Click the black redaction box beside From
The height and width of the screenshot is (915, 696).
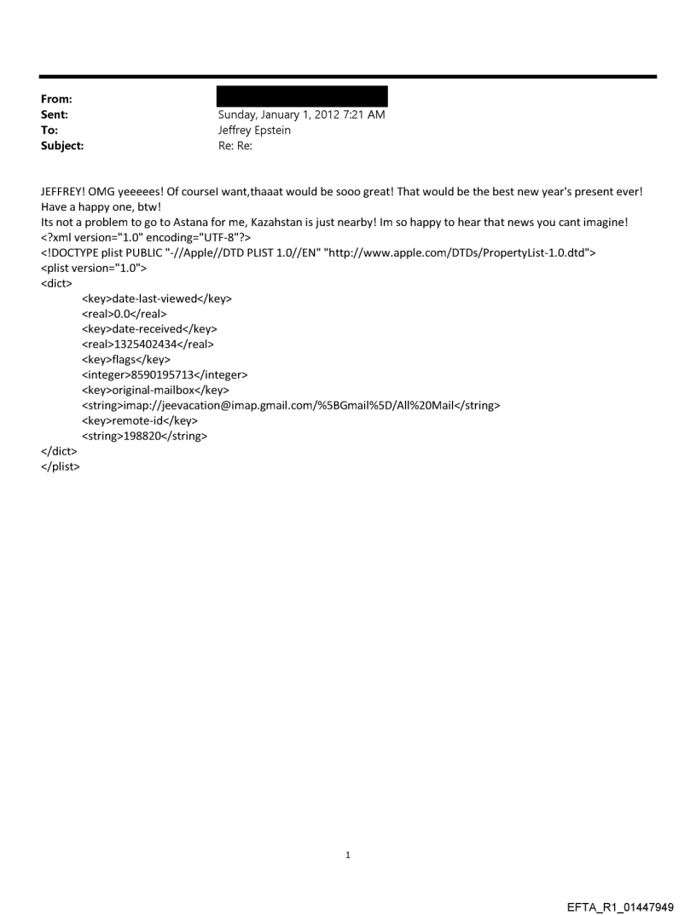point(303,96)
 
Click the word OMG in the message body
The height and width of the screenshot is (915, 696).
point(116,192)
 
